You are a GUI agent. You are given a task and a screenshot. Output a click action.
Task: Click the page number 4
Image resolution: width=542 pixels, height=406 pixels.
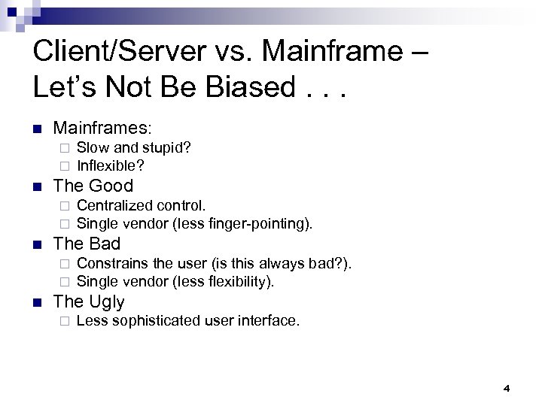coord(506,388)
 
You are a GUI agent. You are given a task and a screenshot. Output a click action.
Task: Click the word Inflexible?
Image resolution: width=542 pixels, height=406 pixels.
coord(111,165)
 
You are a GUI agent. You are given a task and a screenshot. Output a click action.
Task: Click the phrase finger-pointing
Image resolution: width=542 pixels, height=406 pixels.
coord(263,223)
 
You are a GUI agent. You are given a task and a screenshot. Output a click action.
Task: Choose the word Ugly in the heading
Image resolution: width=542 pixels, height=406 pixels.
coord(108,302)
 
